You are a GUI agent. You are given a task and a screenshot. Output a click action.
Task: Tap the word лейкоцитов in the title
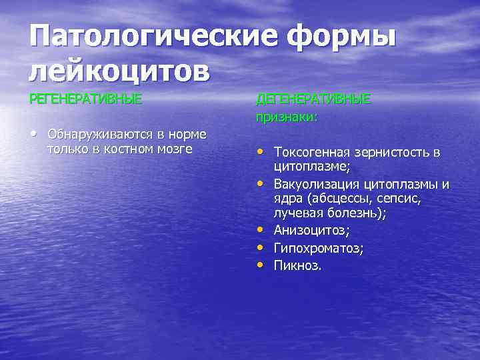[x=119, y=70]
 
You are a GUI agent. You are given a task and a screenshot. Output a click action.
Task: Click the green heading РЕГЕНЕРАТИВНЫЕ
[x=85, y=99]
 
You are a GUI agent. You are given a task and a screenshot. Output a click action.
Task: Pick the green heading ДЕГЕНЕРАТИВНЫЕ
[x=313, y=99]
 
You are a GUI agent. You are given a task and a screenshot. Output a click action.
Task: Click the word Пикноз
[x=297, y=265]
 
